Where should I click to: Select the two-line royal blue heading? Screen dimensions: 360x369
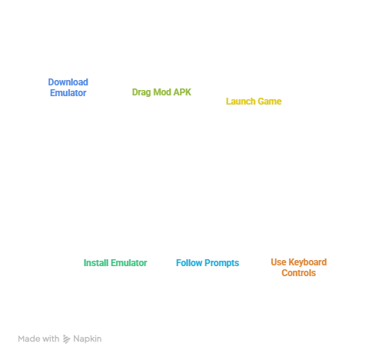click(x=69, y=87)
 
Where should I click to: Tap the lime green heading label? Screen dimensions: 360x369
click(x=162, y=92)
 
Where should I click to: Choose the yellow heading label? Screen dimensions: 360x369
click(x=253, y=101)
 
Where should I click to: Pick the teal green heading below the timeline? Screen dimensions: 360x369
click(x=114, y=263)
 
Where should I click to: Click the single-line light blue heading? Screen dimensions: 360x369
click(x=206, y=263)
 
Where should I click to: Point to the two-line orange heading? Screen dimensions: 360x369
click(x=300, y=267)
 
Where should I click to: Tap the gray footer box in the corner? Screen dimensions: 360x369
click(x=61, y=338)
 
